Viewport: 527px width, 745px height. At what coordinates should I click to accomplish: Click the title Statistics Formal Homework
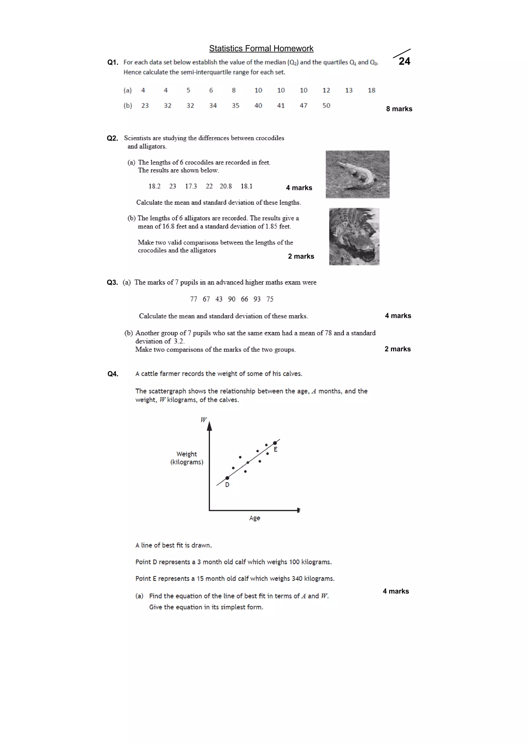[261, 48]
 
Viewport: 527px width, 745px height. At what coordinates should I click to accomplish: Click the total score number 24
[404, 61]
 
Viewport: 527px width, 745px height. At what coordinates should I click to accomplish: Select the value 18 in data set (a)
[372, 90]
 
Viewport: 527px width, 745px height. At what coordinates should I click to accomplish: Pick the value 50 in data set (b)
[326, 105]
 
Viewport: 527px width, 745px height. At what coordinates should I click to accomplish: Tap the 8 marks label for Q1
[399, 109]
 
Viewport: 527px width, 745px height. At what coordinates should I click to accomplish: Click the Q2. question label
[112, 138]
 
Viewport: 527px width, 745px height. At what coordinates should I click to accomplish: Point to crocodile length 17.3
[191, 186]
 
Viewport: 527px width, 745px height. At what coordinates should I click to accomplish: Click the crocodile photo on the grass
[357, 174]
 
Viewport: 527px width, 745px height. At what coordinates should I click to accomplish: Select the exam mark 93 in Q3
[257, 299]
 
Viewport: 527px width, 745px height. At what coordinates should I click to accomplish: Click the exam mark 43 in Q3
[219, 299]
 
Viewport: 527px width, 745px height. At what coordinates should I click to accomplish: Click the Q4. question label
[113, 374]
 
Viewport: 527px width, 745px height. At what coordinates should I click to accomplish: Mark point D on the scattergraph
[227, 478]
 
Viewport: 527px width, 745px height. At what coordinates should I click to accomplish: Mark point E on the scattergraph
[275, 443]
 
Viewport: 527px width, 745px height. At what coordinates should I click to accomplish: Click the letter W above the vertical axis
[203, 420]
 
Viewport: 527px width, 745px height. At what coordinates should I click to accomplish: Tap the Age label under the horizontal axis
[254, 518]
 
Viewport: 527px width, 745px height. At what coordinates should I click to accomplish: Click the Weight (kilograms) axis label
[187, 458]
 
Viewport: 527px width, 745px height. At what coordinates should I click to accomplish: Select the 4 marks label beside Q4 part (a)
[396, 591]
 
